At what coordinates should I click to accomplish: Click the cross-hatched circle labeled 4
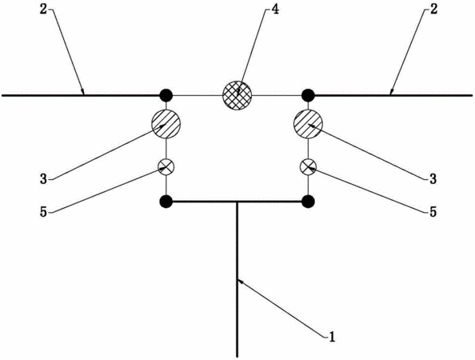pyautogui.click(x=237, y=95)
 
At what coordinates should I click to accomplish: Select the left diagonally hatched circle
pyautogui.click(x=166, y=124)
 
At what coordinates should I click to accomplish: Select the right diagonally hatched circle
pyautogui.click(x=309, y=124)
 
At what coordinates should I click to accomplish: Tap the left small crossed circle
pyautogui.click(x=166, y=166)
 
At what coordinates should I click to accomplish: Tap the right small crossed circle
pyautogui.click(x=309, y=166)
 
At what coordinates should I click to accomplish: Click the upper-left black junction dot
pyautogui.click(x=166, y=95)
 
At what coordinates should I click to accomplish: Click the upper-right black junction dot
pyautogui.click(x=309, y=95)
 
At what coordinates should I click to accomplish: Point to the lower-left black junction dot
pyautogui.click(x=166, y=202)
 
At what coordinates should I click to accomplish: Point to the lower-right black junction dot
pyautogui.click(x=309, y=202)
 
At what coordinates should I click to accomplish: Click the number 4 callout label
pyautogui.click(x=275, y=10)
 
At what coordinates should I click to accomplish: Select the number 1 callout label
pyautogui.click(x=333, y=337)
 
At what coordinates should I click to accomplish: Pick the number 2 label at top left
pyautogui.click(x=43, y=10)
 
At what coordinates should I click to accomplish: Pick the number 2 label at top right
pyautogui.click(x=434, y=10)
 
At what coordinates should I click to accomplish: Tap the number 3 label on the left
pyautogui.click(x=44, y=179)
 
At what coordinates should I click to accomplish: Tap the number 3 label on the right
pyautogui.click(x=433, y=179)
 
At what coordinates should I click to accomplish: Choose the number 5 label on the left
pyautogui.click(x=44, y=212)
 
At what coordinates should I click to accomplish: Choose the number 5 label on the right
pyautogui.click(x=433, y=212)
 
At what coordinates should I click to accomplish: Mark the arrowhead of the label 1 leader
pyautogui.click(x=238, y=280)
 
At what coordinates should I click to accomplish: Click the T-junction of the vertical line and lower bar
pyautogui.click(x=237, y=202)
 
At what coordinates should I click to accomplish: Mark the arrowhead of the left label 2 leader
pyautogui.click(x=83, y=94)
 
